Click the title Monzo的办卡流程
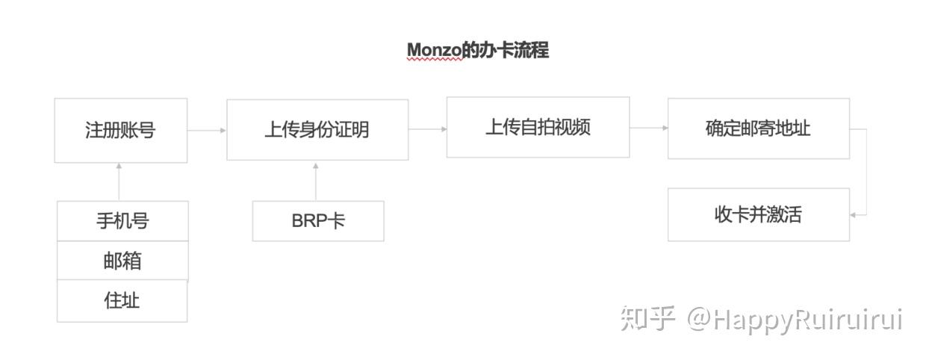(x=478, y=50)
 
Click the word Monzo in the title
(x=434, y=51)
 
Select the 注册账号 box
(x=121, y=130)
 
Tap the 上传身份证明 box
(x=317, y=129)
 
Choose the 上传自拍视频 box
(x=538, y=127)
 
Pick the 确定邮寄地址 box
(x=759, y=128)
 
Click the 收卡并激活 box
(x=759, y=214)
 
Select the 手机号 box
(x=122, y=221)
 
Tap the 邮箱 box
(x=122, y=261)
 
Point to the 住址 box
(x=122, y=300)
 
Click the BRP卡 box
(x=318, y=221)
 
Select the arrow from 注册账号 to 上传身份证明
(x=207, y=130)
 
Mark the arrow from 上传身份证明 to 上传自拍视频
(x=428, y=129)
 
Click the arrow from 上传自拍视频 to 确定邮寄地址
(x=649, y=128)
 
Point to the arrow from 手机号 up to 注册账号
(x=119, y=181)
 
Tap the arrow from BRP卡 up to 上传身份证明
(x=316, y=181)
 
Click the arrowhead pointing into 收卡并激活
(x=853, y=215)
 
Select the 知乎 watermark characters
(x=647, y=319)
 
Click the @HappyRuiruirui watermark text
(x=795, y=320)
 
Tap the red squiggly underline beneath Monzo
(x=434, y=60)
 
